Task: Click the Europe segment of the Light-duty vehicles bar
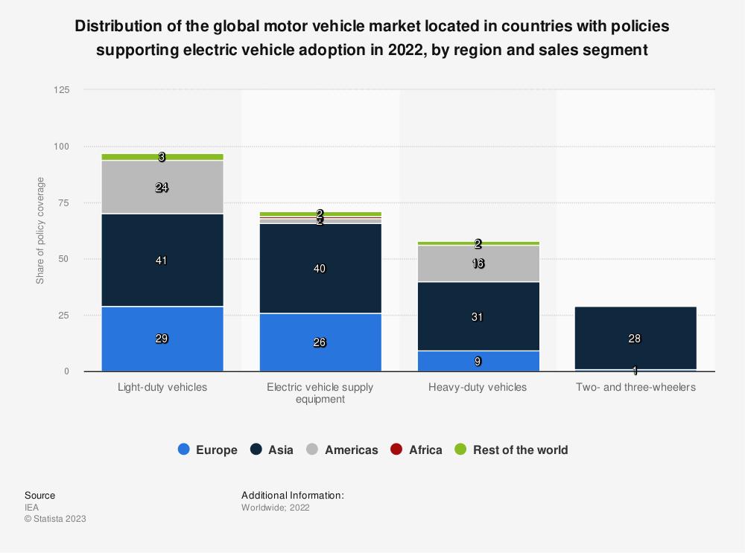pyautogui.click(x=162, y=339)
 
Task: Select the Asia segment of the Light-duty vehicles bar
pyautogui.click(x=162, y=260)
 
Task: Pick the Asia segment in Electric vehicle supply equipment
pyautogui.click(x=320, y=268)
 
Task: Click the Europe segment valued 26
pyautogui.click(x=320, y=342)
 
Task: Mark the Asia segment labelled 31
pyautogui.click(x=478, y=317)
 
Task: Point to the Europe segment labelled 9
pyautogui.click(x=478, y=361)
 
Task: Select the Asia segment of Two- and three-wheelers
pyautogui.click(x=635, y=338)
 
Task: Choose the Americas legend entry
pyautogui.click(x=343, y=450)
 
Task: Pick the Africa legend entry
pyautogui.click(x=416, y=450)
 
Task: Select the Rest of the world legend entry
pyautogui.click(x=511, y=450)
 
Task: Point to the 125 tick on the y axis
pyautogui.click(x=61, y=90)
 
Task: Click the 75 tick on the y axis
pyautogui.click(x=63, y=203)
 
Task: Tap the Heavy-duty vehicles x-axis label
pyautogui.click(x=478, y=388)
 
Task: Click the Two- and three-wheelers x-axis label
pyautogui.click(x=635, y=388)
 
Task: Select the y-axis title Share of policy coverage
pyautogui.click(x=40, y=231)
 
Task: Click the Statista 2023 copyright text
pyautogui.click(x=55, y=519)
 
